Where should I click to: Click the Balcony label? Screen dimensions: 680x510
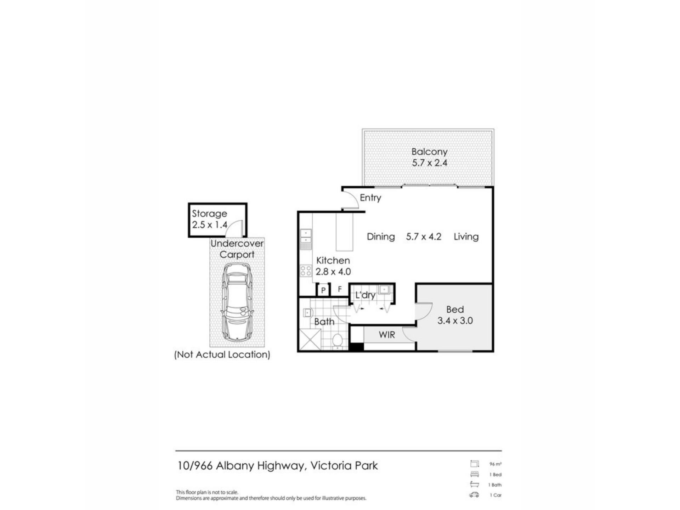429,152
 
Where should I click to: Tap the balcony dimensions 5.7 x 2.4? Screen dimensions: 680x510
430,163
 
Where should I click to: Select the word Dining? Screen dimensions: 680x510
381,237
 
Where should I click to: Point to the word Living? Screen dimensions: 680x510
466,237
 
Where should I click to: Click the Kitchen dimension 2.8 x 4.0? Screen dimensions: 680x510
333,272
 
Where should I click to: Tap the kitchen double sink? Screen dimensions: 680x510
306,236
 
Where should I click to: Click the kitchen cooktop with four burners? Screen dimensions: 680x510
306,271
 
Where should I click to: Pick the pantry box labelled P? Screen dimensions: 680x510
323,290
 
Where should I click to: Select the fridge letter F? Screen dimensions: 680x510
340,289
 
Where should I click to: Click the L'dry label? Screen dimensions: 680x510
365,295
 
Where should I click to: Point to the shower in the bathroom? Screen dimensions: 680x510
310,339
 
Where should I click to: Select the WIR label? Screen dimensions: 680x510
387,335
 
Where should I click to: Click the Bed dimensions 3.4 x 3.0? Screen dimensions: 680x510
455,321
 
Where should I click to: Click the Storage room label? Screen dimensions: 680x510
209,214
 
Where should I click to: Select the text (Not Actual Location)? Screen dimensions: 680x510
222,355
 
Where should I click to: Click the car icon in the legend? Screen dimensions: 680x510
474,495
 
